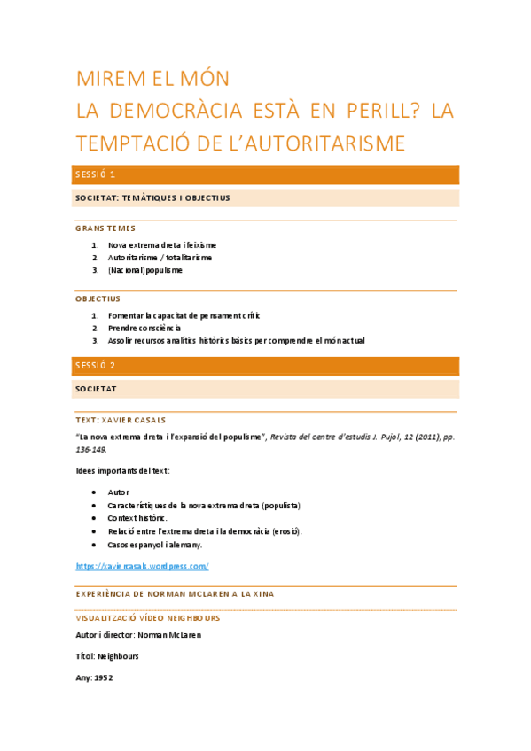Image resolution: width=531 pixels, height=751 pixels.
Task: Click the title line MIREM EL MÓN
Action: coord(152,78)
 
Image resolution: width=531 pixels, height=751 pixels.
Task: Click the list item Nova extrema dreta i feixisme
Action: coord(162,244)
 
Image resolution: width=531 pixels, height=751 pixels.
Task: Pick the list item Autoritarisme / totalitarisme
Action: coord(160,258)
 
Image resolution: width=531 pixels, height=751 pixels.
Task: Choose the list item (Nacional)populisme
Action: coord(145,270)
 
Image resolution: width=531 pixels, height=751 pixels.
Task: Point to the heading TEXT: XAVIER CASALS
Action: coord(121,420)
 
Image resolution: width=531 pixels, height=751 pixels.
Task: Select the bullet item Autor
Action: coord(119,492)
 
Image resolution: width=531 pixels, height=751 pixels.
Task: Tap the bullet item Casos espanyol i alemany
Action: coord(155,545)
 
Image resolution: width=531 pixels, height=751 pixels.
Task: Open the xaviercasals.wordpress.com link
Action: coord(142,566)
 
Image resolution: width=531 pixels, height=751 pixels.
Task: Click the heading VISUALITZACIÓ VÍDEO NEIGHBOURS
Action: coord(148,617)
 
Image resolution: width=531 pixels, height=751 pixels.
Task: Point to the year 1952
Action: coord(104,677)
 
